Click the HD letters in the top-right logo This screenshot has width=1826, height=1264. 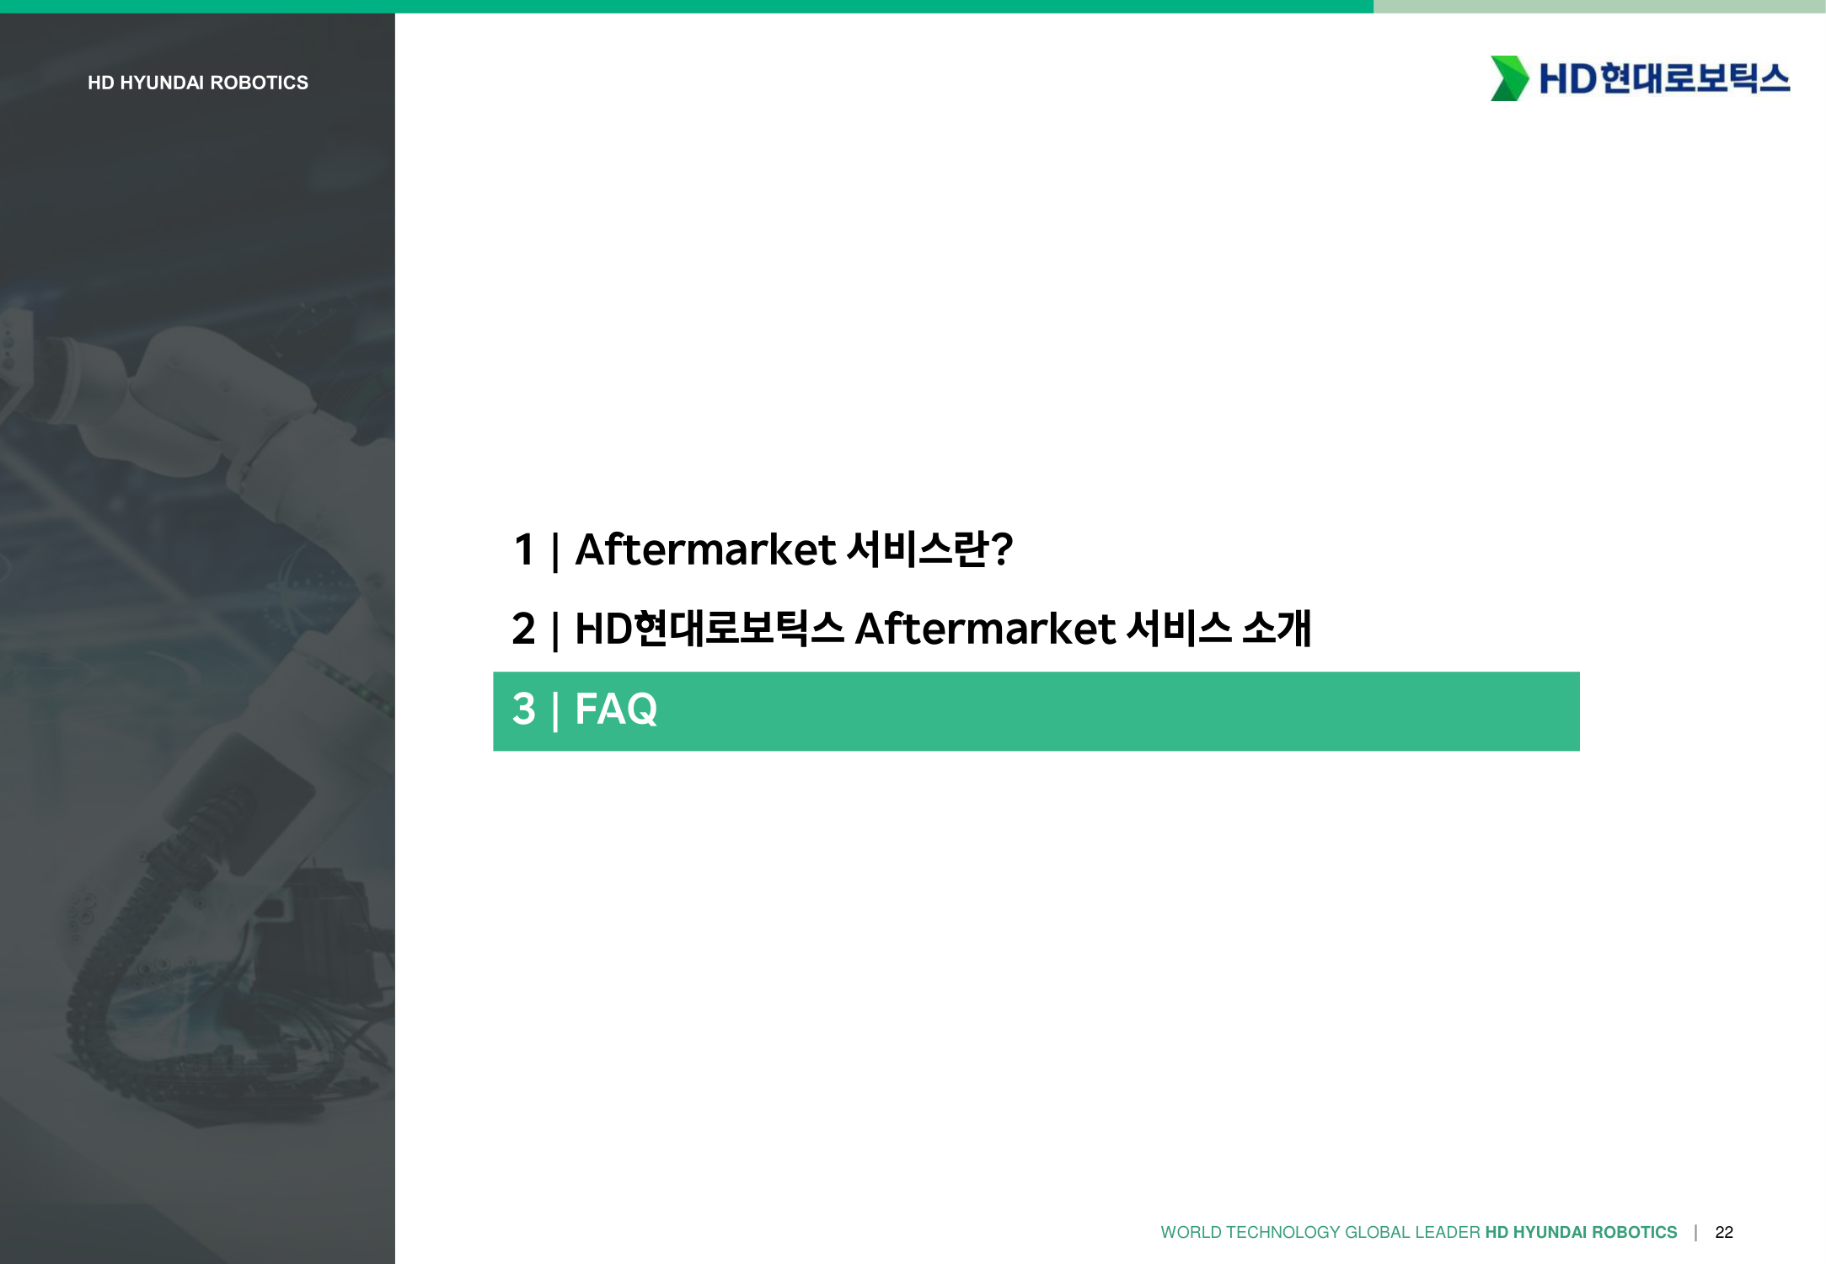[x=1567, y=79]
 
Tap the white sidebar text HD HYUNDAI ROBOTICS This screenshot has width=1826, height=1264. [x=198, y=83]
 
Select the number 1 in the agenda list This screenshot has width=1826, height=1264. [x=524, y=549]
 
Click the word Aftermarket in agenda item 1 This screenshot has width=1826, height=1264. [x=705, y=549]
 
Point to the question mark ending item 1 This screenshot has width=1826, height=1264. [x=1002, y=549]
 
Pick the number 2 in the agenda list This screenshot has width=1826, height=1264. [x=523, y=629]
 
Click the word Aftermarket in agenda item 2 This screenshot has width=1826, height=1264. [x=985, y=629]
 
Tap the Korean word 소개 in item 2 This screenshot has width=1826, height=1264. [x=1277, y=629]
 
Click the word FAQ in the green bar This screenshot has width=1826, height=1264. [x=616, y=709]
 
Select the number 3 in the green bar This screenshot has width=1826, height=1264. [x=523, y=709]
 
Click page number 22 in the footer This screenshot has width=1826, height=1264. [x=1724, y=1232]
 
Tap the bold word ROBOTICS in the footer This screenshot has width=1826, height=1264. [x=1635, y=1232]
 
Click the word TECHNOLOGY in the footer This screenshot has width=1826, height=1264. [x=1283, y=1232]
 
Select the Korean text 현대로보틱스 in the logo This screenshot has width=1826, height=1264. [x=1695, y=78]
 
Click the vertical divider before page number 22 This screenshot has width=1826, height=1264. [x=1695, y=1232]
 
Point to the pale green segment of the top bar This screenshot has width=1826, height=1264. [x=1599, y=6]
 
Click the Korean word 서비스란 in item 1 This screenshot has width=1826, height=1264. [x=918, y=549]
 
